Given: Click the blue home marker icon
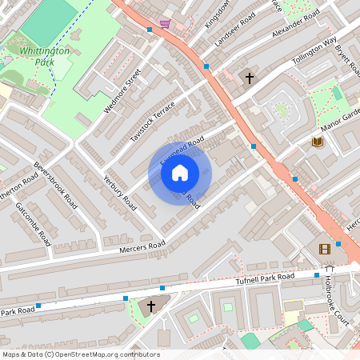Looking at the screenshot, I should pyautogui.click(x=180, y=173).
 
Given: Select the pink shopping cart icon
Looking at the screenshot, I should pyautogui.click(x=165, y=25).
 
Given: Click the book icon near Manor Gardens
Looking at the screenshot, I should pyautogui.click(x=318, y=142).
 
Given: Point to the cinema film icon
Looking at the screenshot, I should pyautogui.click(x=324, y=249).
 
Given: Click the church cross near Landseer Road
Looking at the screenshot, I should pyautogui.click(x=249, y=78).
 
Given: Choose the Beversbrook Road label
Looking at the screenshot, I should pyautogui.click(x=55, y=187).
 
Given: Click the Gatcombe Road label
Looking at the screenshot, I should pyautogui.click(x=33, y=223).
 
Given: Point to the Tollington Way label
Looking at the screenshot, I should pyautogui.click(x=314, y=52).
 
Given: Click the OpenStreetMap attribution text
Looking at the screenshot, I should pyautogui.click(x=81, y=354).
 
